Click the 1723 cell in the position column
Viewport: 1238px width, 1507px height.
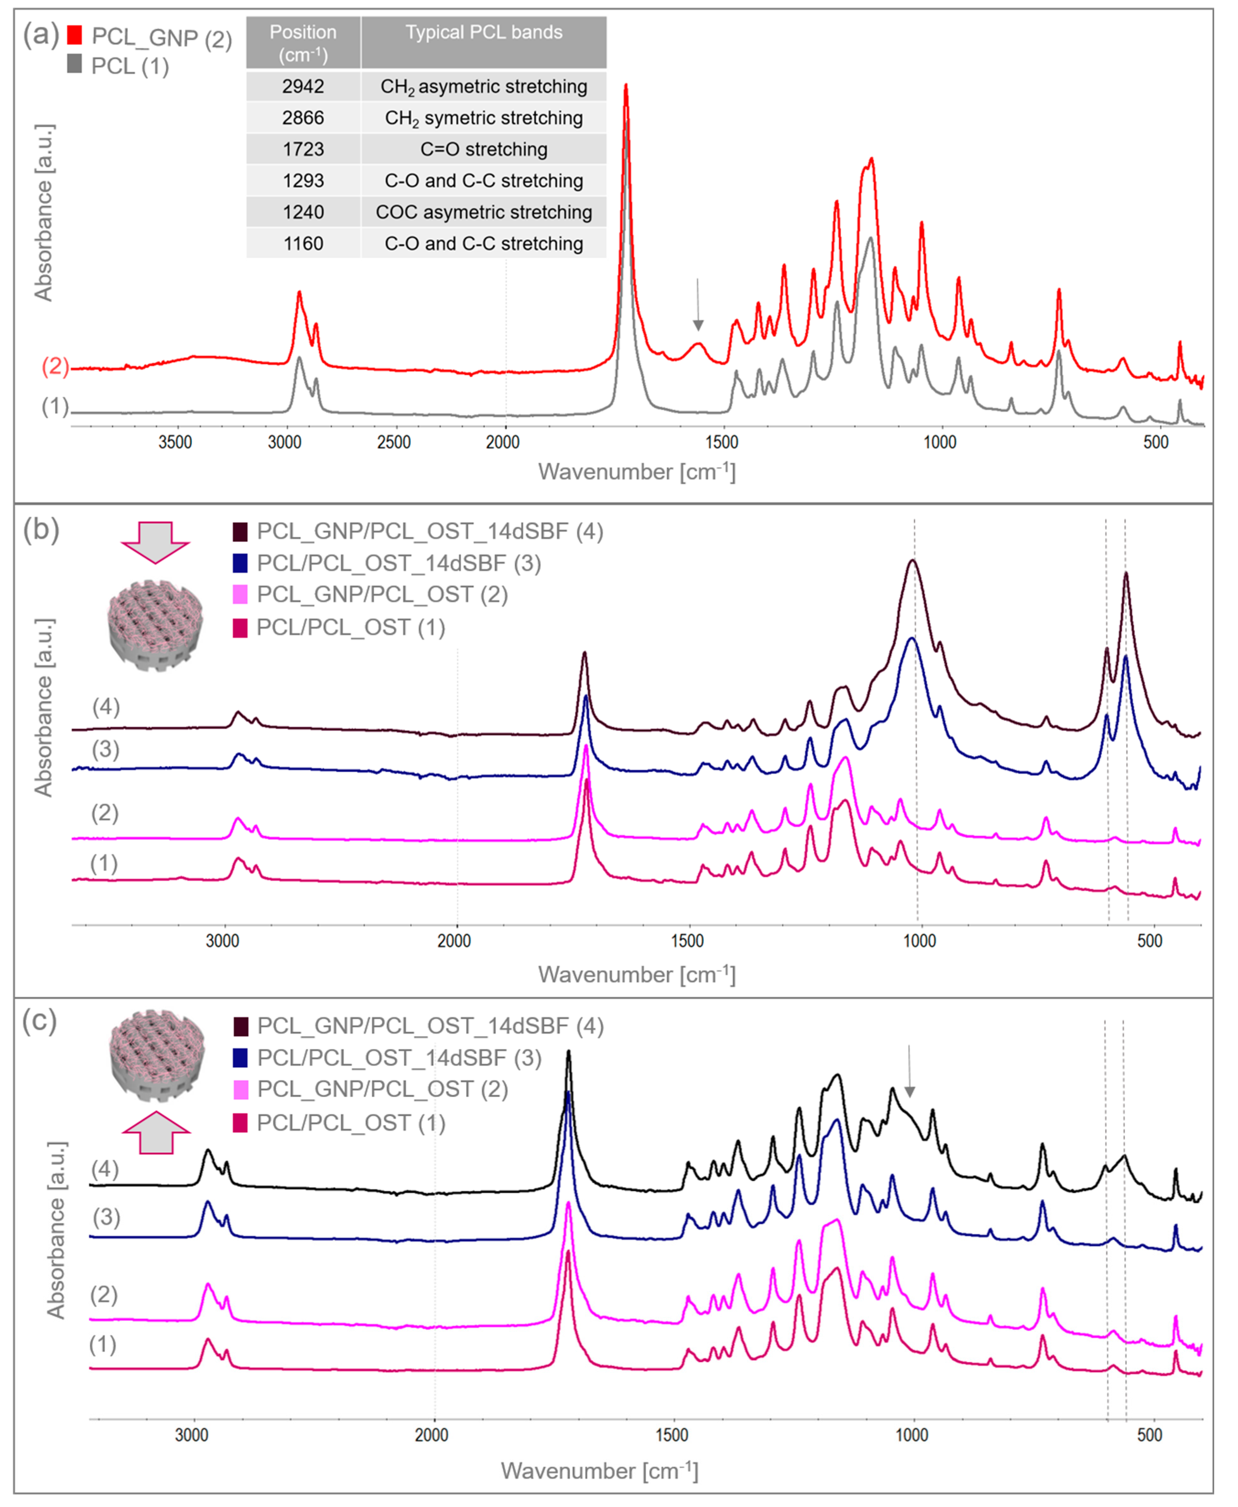(303, 149)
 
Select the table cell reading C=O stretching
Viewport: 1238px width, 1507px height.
(484, 149)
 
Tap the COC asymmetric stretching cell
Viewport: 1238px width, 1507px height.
(484, 212)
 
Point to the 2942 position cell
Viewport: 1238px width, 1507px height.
(303, 86)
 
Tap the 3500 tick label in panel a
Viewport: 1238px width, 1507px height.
(175, 442)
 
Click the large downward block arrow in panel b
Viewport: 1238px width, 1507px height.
(155, 542)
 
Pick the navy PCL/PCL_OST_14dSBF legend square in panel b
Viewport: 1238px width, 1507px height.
(240, 564)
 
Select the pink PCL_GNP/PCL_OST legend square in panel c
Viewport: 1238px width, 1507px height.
(240, 1089)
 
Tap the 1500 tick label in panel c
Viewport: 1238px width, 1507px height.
(672, 1435)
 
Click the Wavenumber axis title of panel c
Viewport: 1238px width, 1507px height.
(599, 1471)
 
